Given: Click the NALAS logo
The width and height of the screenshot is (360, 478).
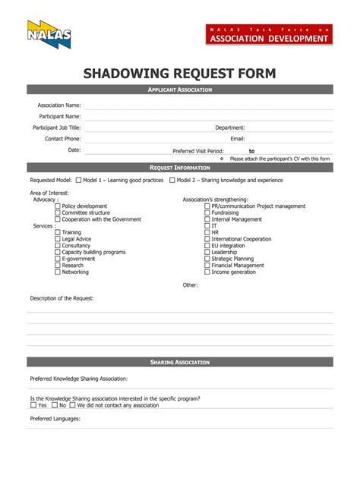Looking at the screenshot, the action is pos(49,35).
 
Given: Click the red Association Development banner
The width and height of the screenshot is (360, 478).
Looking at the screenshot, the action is pos(270,33).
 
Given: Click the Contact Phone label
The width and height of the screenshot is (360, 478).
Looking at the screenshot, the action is pos(62,139).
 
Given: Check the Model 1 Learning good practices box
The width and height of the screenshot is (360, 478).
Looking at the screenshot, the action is pos(79,181).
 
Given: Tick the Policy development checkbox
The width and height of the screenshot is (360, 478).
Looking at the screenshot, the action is pos(58,206).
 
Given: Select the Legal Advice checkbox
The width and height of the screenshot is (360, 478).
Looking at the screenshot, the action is pos(58,239).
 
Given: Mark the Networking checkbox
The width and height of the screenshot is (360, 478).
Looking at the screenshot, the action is pos(58,272).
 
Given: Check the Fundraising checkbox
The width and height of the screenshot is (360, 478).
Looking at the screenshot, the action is pos(207,213).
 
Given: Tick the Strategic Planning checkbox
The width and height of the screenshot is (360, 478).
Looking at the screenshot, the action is pos(207,259).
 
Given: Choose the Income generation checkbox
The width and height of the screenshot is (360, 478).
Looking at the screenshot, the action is pos(207,272).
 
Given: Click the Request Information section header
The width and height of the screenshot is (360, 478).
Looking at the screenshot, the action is pos(179,167).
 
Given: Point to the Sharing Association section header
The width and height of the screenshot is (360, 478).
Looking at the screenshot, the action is pos(179,362).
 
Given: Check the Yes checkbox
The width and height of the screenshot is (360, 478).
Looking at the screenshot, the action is pos(33,405).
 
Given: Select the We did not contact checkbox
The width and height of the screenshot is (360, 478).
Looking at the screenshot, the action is pos(72,405).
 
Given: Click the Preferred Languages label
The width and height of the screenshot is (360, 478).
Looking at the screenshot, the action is pos(55,418).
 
